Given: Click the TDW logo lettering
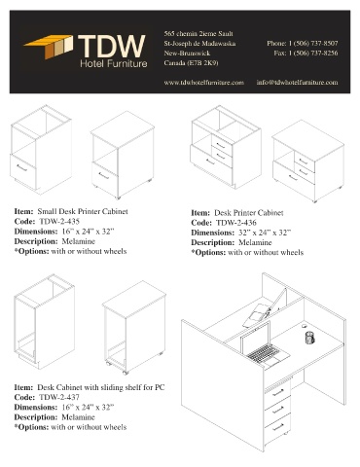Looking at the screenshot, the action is (112, 46).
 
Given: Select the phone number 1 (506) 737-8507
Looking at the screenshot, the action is (313, 43).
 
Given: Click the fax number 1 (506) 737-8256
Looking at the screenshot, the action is (313, 53).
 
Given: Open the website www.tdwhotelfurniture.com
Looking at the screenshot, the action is (203, 83).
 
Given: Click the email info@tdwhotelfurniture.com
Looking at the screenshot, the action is (297, 83).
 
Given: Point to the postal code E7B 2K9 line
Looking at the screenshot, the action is (191, 63).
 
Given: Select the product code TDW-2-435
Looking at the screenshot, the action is (59, 222).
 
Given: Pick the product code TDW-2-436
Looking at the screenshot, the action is (235, 223).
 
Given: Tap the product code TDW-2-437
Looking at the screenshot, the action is (59, 397).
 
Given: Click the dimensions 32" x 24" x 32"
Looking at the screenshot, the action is (265, 233).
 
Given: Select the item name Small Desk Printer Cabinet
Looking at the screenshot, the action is (83, 211).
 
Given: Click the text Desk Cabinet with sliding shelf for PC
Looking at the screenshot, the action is (101, 387).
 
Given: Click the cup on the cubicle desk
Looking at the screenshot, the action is (309, 338).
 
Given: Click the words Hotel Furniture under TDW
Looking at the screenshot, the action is (114, 63).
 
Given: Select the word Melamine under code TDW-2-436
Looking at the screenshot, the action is (255, 242).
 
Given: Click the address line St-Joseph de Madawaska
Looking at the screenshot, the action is (199, 44).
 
